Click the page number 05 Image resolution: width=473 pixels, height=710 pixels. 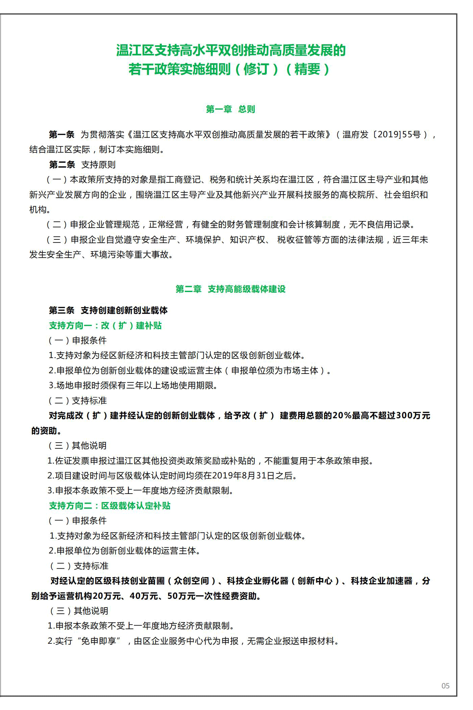[x=445, y=686]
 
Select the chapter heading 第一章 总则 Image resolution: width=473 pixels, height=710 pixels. [x=230, y=109]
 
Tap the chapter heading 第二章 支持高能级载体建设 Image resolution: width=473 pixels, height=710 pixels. [x=230, y=289]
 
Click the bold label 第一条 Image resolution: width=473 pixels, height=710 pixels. [x=61, y=135]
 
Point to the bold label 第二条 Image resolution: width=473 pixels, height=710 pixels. [x=62, y=165]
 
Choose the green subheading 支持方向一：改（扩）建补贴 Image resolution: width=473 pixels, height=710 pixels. [x=105, y=326]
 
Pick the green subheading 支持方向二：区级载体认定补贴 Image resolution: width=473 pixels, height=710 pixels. [x=110, y=506]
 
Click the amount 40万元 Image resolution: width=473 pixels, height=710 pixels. [x=144, y=596]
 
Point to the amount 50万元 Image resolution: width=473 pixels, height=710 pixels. [x=181, y=596]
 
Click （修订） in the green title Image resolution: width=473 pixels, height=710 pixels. [x=256, y=69]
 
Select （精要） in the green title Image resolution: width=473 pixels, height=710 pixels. [x=307, y=69]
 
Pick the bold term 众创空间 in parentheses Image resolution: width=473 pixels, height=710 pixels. [x=192, y=581]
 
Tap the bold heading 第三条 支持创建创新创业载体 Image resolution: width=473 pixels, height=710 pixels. [x=108, y=310]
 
